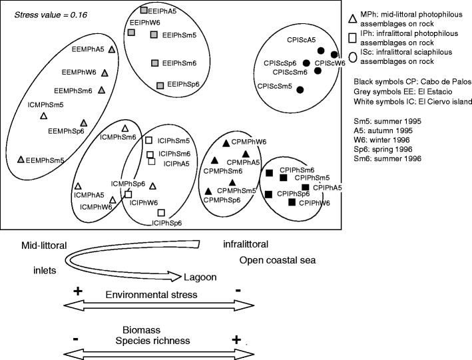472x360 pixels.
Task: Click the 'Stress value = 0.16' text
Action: (47, 13)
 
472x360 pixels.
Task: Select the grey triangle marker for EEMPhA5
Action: (112, 49)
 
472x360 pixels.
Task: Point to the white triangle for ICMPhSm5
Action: (43, 115)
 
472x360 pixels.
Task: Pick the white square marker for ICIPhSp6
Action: (161, 212)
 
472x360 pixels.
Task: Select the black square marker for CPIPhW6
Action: (292, 201)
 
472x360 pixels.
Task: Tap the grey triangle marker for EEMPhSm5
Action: (21, 159)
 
